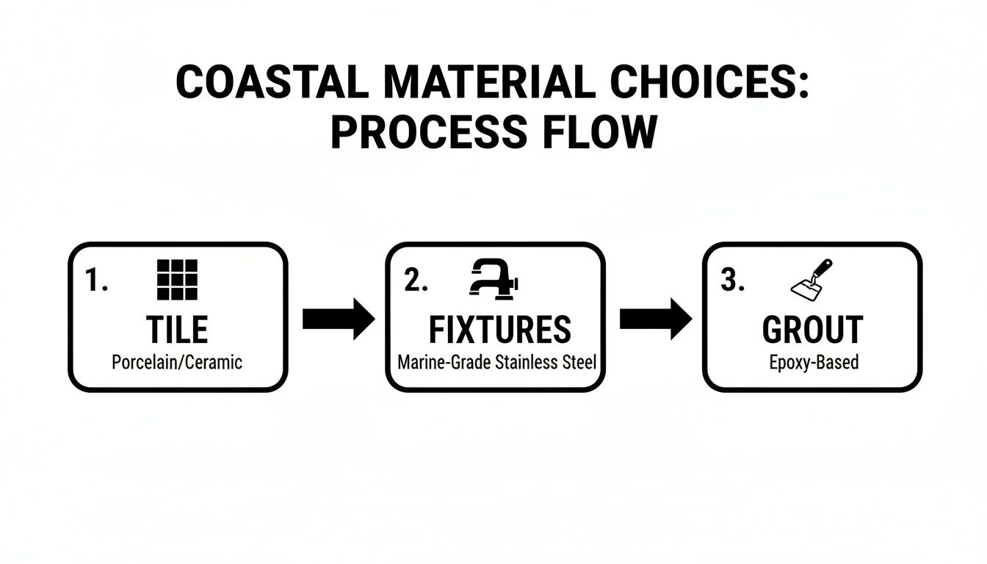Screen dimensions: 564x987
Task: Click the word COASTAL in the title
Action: tap(272, 83)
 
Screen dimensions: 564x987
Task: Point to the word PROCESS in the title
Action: tap(428, 133)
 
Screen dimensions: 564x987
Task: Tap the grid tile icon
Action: tap(178, 280)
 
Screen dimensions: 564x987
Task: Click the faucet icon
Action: tap(494, 280)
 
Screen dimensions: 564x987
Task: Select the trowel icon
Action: tap(811, 279)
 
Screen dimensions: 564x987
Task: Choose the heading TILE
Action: tap(178, 330)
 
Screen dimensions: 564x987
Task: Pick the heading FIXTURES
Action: tap(499, 330)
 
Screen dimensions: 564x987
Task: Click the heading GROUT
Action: tap(812, 330)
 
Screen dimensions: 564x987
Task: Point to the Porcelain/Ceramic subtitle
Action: tap(177, 362)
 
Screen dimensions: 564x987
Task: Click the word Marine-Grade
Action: tap(444, 362)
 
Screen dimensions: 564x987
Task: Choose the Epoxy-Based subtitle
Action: tap(814, 362)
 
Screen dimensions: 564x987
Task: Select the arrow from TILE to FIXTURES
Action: tap(339, 319)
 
